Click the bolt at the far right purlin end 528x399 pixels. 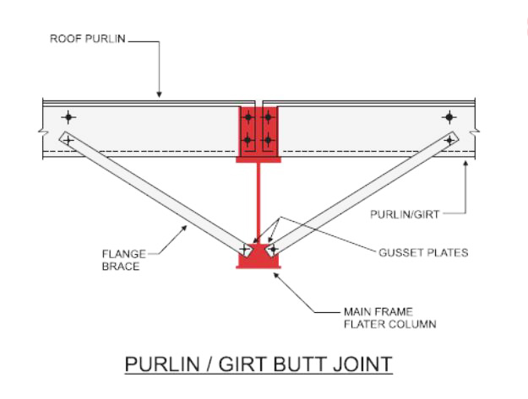click(x=449, y=117)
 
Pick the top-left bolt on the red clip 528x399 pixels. click(x=248, y=117)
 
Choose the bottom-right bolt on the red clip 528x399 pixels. click(x=269, y=138)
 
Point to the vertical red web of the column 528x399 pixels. click(x=259, y=202)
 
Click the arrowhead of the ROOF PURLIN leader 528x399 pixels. click(x=159, y=95)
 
